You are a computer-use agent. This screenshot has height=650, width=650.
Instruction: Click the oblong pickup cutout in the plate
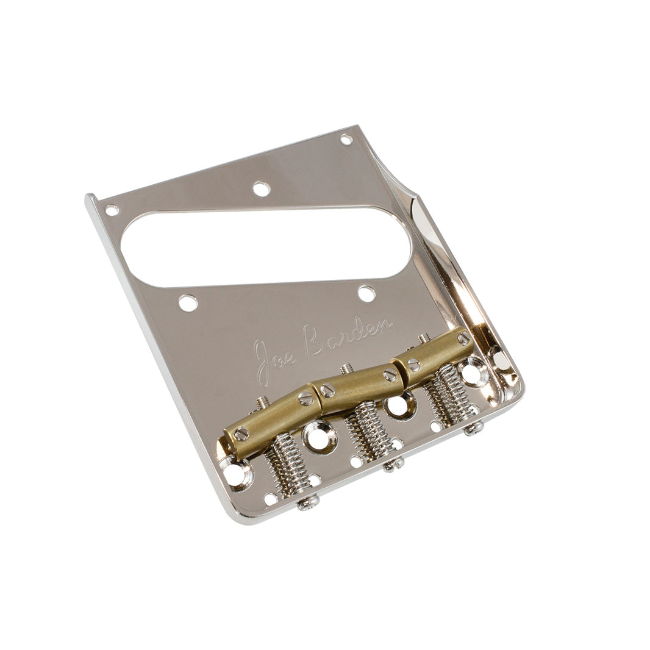266,246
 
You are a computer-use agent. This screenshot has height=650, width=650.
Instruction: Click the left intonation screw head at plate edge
309,502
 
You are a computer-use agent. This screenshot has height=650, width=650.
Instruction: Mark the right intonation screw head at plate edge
474,428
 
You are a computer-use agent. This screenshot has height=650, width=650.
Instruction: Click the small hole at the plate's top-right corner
346,139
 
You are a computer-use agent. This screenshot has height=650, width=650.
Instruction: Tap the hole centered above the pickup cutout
262,189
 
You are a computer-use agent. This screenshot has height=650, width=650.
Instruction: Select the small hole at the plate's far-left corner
112,210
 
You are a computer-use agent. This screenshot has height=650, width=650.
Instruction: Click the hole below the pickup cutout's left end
188,303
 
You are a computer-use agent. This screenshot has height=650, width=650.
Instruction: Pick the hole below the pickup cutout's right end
366,294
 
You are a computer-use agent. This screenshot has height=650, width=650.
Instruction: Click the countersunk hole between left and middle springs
318,437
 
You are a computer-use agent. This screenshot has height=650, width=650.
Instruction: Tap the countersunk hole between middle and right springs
399,405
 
